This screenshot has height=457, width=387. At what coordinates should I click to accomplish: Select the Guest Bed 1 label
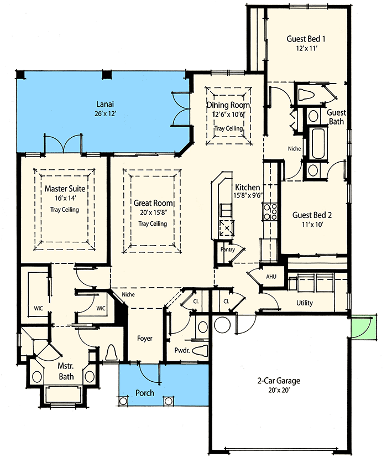(x=306, y=39)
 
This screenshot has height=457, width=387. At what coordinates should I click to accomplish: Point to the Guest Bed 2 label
(x=312, y=215)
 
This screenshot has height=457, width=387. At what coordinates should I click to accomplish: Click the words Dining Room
(x=228, y=105)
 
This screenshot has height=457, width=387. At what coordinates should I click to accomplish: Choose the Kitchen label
(x=247, y=188)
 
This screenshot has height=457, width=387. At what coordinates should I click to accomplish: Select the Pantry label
(x=227, y=250)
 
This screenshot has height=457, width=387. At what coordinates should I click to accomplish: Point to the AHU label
(x=271, y=276)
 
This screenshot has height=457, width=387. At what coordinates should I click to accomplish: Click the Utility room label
(x=304, y=303)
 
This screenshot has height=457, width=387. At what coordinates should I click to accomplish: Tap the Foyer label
(x=145, y=339)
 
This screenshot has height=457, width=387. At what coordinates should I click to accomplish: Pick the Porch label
(x=145, y=393)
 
